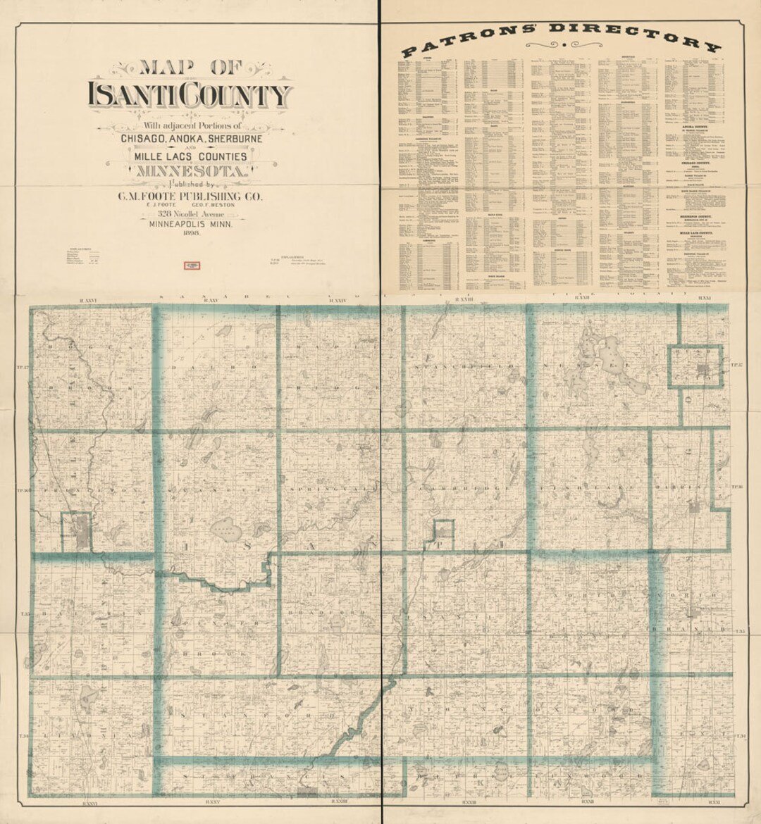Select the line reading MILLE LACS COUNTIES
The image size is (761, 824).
click(x=191, y=156)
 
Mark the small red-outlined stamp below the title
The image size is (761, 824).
click(x=192, y=266)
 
